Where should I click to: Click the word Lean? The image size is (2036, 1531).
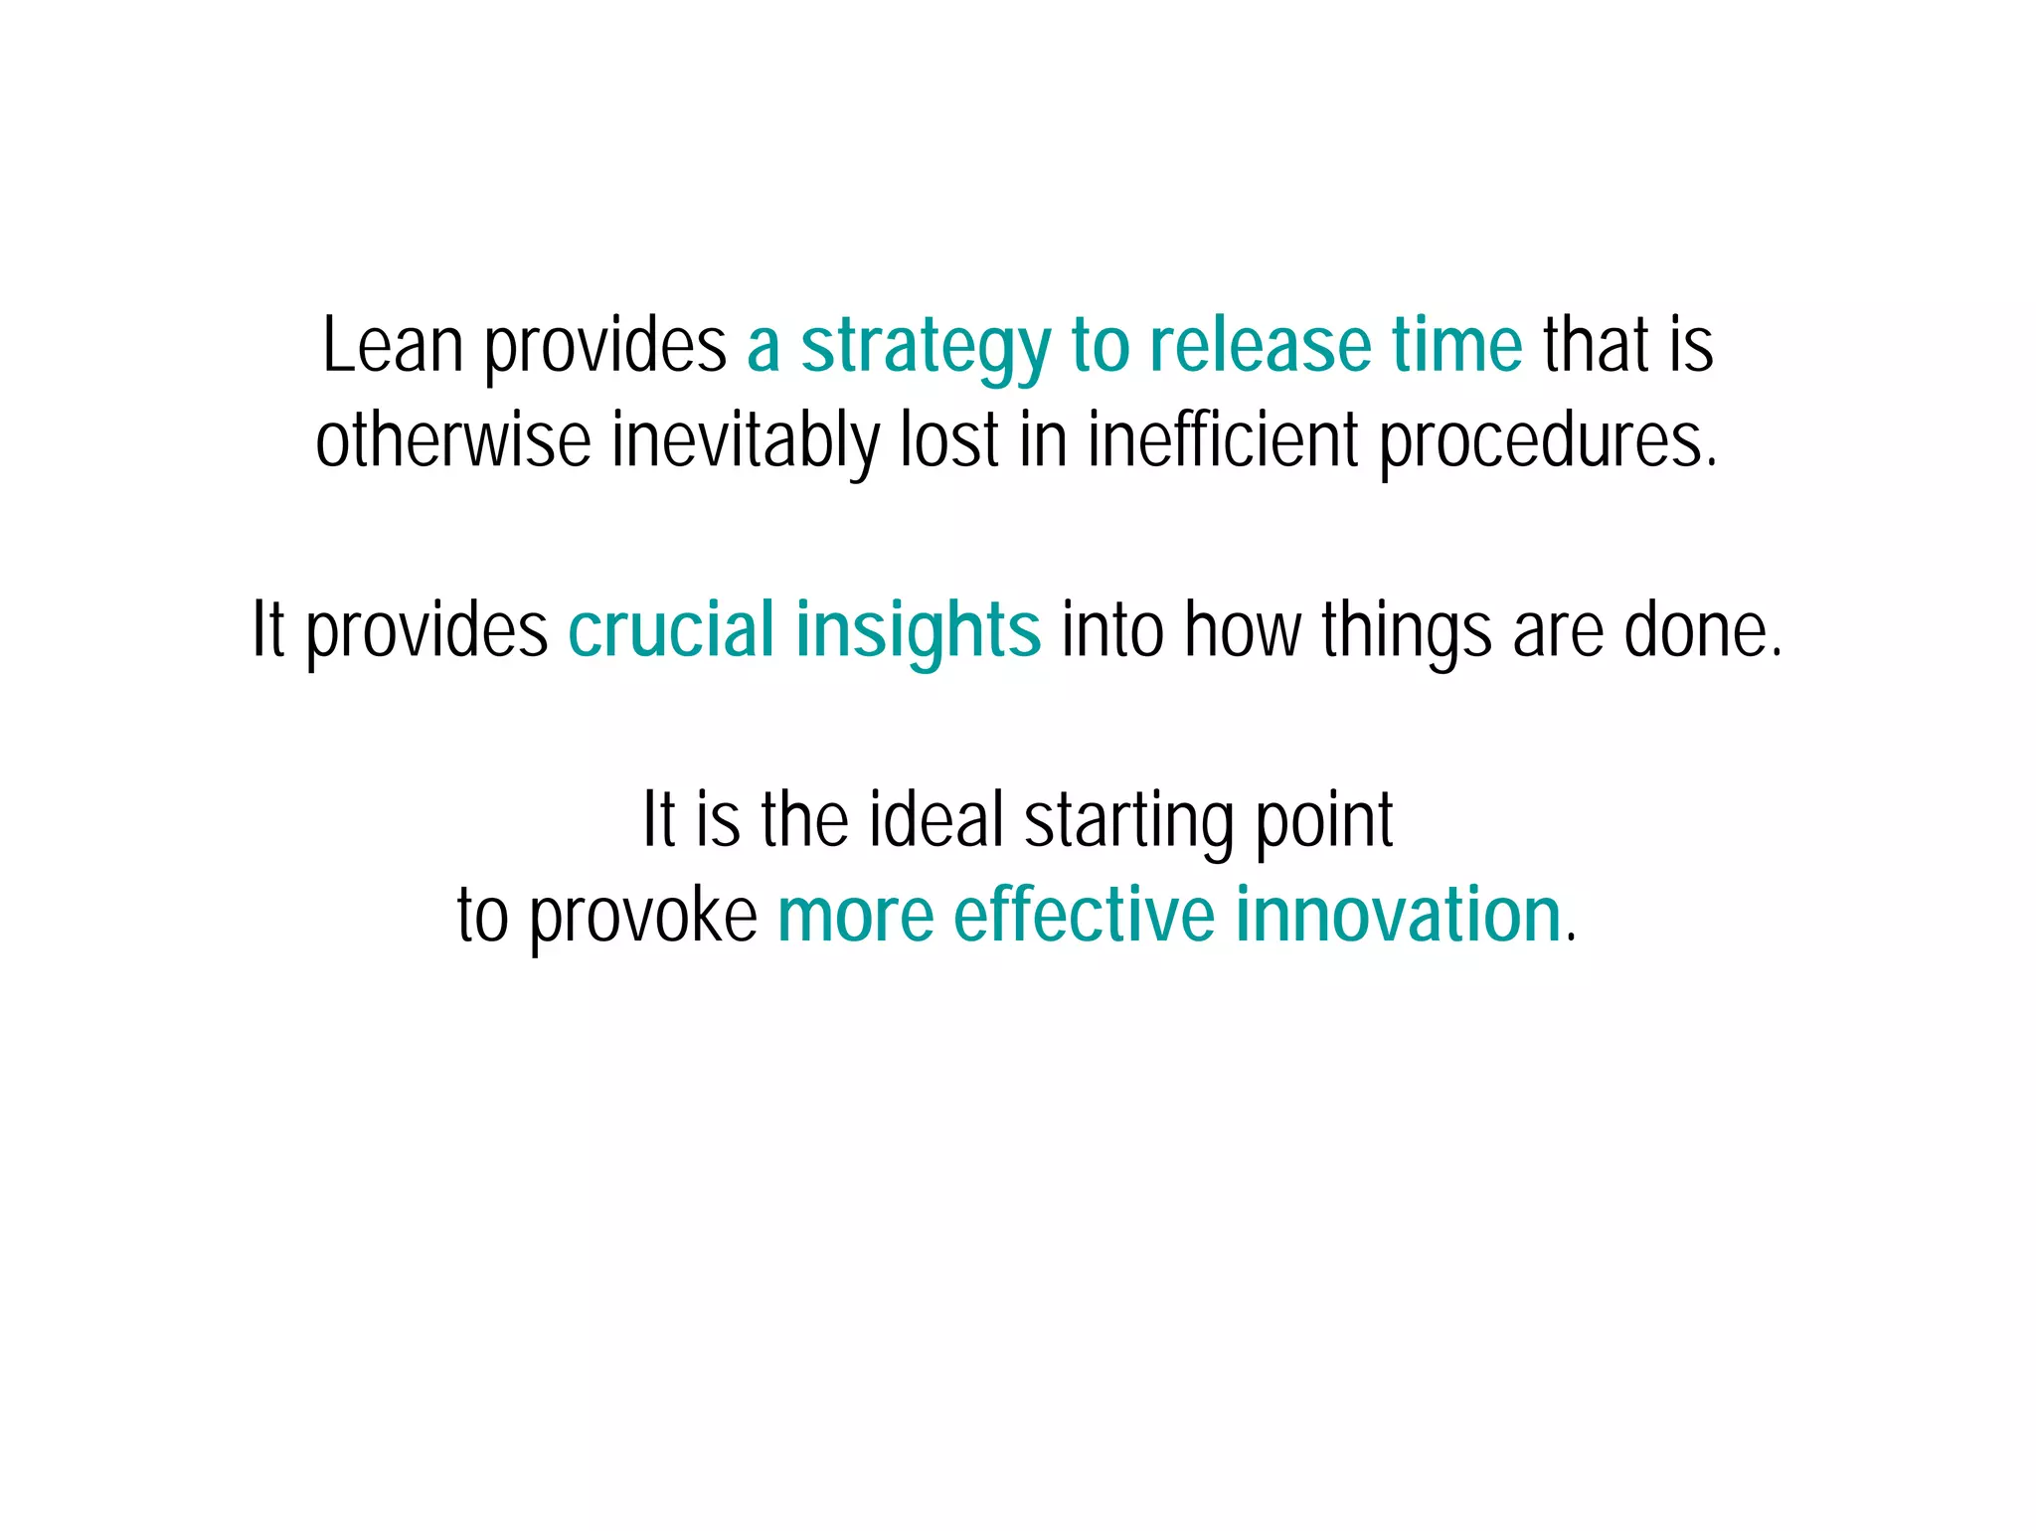pyautogui.click(x=393, y=345)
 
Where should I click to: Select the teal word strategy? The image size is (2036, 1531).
pyautogui.click(x=926, y=348)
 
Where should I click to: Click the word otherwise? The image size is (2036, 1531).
pyautogui.click(x=452, y=440)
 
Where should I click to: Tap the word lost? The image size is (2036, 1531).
pyautogui.click(x=949, y=440)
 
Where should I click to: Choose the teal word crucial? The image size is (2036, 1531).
pyautogui.click(x=671, y=629)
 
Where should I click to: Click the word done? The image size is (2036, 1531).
pyautogui.click(x=1702, y=630)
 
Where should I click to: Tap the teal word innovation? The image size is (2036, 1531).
pyautogui.click(x=1399, y=915)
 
